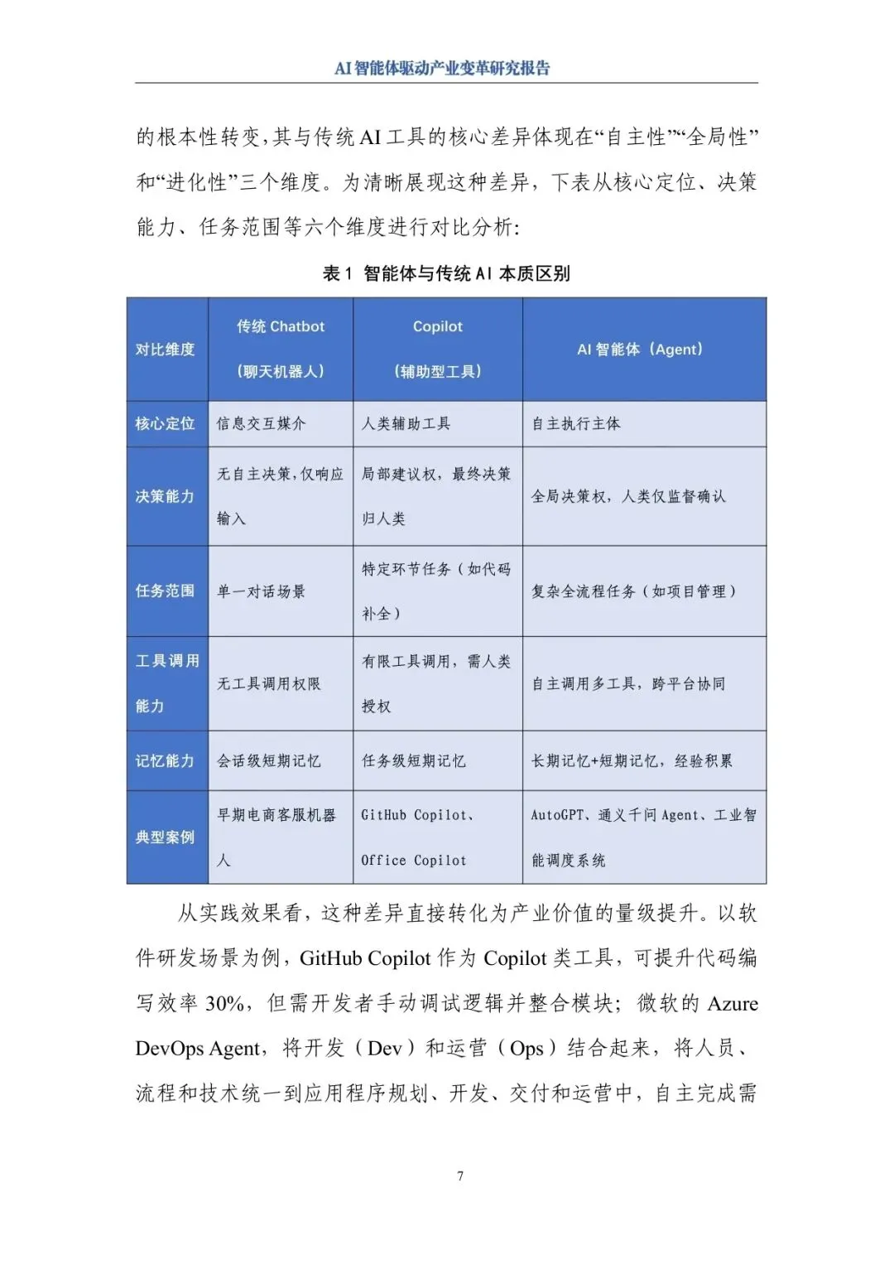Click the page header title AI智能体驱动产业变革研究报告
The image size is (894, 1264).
coord(442,69)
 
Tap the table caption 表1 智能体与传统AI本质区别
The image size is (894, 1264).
coord(446,273)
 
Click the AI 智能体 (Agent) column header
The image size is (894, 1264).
coord(640,350)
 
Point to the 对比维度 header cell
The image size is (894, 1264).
coord(166,350)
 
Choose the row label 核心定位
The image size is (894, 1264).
coord(166,424)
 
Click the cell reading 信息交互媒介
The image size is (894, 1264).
coord(262,424)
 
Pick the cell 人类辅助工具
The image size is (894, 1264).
coord(406,424)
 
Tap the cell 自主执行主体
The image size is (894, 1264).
coord(576,424)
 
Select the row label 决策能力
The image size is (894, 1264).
coord(166,496)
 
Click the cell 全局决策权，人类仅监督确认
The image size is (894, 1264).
coord(628,496)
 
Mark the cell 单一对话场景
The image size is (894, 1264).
coord(262,591)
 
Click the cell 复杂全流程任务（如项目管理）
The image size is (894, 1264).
coord(633,591)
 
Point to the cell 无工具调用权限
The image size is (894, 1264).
coord(269,684)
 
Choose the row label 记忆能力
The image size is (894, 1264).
coord(166,760)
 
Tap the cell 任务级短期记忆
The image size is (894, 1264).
coord(414,760)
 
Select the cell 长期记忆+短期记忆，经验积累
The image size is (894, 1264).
coord(632,760)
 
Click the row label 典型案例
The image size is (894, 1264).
coord(166,837)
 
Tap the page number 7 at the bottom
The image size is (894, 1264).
coord(460,1176)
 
